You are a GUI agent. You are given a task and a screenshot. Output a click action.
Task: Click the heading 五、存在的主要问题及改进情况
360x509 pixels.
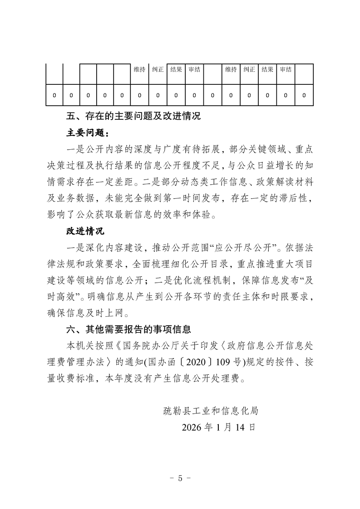[133, 117]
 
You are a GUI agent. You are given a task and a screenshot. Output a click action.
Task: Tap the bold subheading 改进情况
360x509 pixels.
[85, 231]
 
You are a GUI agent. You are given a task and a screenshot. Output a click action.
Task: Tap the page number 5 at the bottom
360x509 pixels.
[180, 478]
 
